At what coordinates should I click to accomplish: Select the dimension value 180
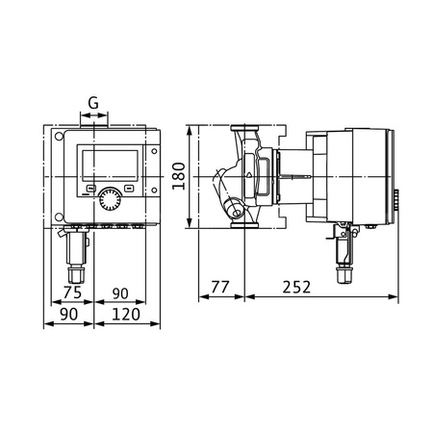pyautogui.click(x=178, y=175)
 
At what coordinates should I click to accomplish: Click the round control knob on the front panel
pyautogui.click(x=109, y=199)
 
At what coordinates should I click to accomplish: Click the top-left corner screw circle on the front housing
pyautogui.click(x=65, y=137)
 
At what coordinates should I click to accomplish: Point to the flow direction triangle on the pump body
pyautogui.click(x=251, y=174)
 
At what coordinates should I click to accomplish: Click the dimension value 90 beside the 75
pyautogui.click(x=121, y=293)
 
